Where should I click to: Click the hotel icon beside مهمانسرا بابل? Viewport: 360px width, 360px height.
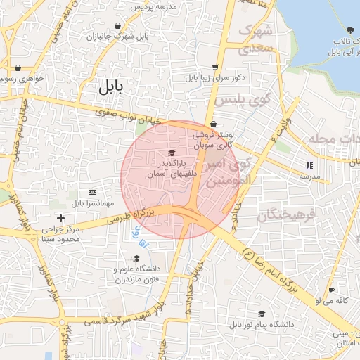pyautogui.click(x=92, y=192)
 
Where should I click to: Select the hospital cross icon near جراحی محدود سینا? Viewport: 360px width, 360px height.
pyautogui.click(x=61, y=218)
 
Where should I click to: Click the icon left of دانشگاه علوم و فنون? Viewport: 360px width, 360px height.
pyautogui.click(x=117, y=269)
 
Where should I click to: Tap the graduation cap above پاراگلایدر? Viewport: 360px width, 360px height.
pyautogui.click(x=171, y=153)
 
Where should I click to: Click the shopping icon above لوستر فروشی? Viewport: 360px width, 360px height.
pyautogui.click(x=214, y=124)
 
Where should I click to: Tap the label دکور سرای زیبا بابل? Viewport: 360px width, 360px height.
pyautogui.click(x=214, y=77)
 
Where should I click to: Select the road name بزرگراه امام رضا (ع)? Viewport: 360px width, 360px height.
pyautogui.click(x=281, y=274)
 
